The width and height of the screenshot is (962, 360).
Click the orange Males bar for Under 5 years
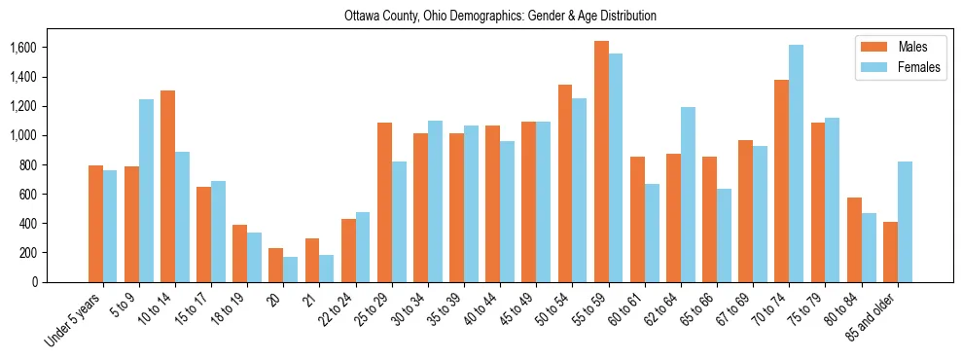pyautogui.click(x=95, y=224)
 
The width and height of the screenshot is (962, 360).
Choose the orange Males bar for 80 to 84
pyautogui.click(x=854, y=239)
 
